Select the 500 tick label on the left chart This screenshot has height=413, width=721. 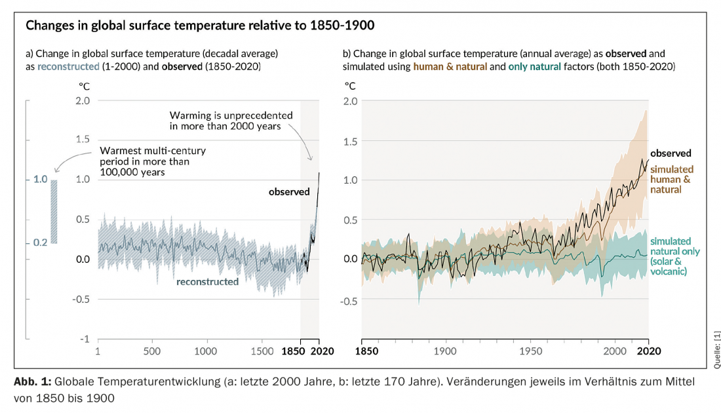tap(152, 351)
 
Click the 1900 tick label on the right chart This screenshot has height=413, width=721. tap(446, 351)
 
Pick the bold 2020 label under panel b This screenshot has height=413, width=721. tap(648, 351)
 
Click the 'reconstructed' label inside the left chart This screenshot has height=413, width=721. tap(207, 282)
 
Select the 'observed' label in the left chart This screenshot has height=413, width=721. tap(289, 192)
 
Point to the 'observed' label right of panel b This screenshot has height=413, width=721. tap(671, 153)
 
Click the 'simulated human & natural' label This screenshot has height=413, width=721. tap(671, 179)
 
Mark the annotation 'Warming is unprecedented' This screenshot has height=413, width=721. tap(231, 120)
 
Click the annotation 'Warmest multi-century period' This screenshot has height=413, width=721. tap(153, 161)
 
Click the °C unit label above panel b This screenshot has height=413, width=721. tap(351, 85)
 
